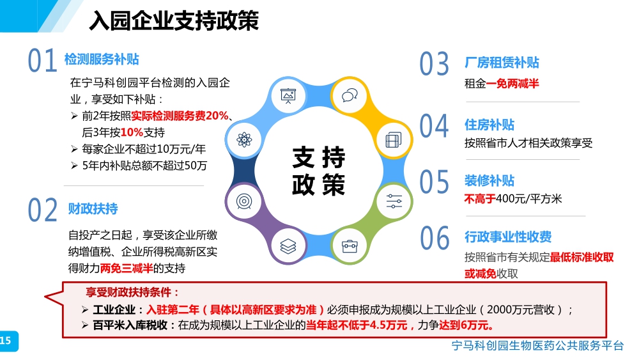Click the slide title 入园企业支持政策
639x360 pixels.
174,20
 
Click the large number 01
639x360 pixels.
42,61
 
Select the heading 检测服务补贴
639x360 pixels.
102,59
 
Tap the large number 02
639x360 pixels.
42,210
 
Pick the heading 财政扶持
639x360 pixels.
93,208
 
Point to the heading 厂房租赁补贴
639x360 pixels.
502,63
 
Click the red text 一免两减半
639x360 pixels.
512,84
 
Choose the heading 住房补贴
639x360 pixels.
489,125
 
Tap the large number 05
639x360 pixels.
435,182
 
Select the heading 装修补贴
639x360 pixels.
489,180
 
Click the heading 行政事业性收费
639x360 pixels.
508,237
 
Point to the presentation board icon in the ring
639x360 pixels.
288,96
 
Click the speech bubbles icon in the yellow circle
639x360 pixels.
350,95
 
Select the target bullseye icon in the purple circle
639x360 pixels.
244,201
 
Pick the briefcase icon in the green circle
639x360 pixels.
350,246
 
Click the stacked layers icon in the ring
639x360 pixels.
288,246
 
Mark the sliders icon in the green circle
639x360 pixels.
394,201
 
